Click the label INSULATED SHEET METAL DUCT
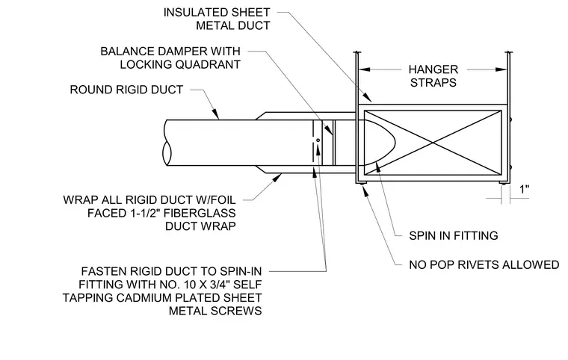(217, 19)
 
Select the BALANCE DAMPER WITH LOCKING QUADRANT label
(170, 58)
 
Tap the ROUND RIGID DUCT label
(126, 90)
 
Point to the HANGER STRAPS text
(433, 75)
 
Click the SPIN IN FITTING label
(454, 235)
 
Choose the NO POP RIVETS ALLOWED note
(484, 264)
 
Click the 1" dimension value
(525, 189)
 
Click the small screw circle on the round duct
(318, 140)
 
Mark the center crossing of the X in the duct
(433, 143)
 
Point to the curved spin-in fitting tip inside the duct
(393, 143)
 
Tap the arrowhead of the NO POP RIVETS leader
(366, 191)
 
